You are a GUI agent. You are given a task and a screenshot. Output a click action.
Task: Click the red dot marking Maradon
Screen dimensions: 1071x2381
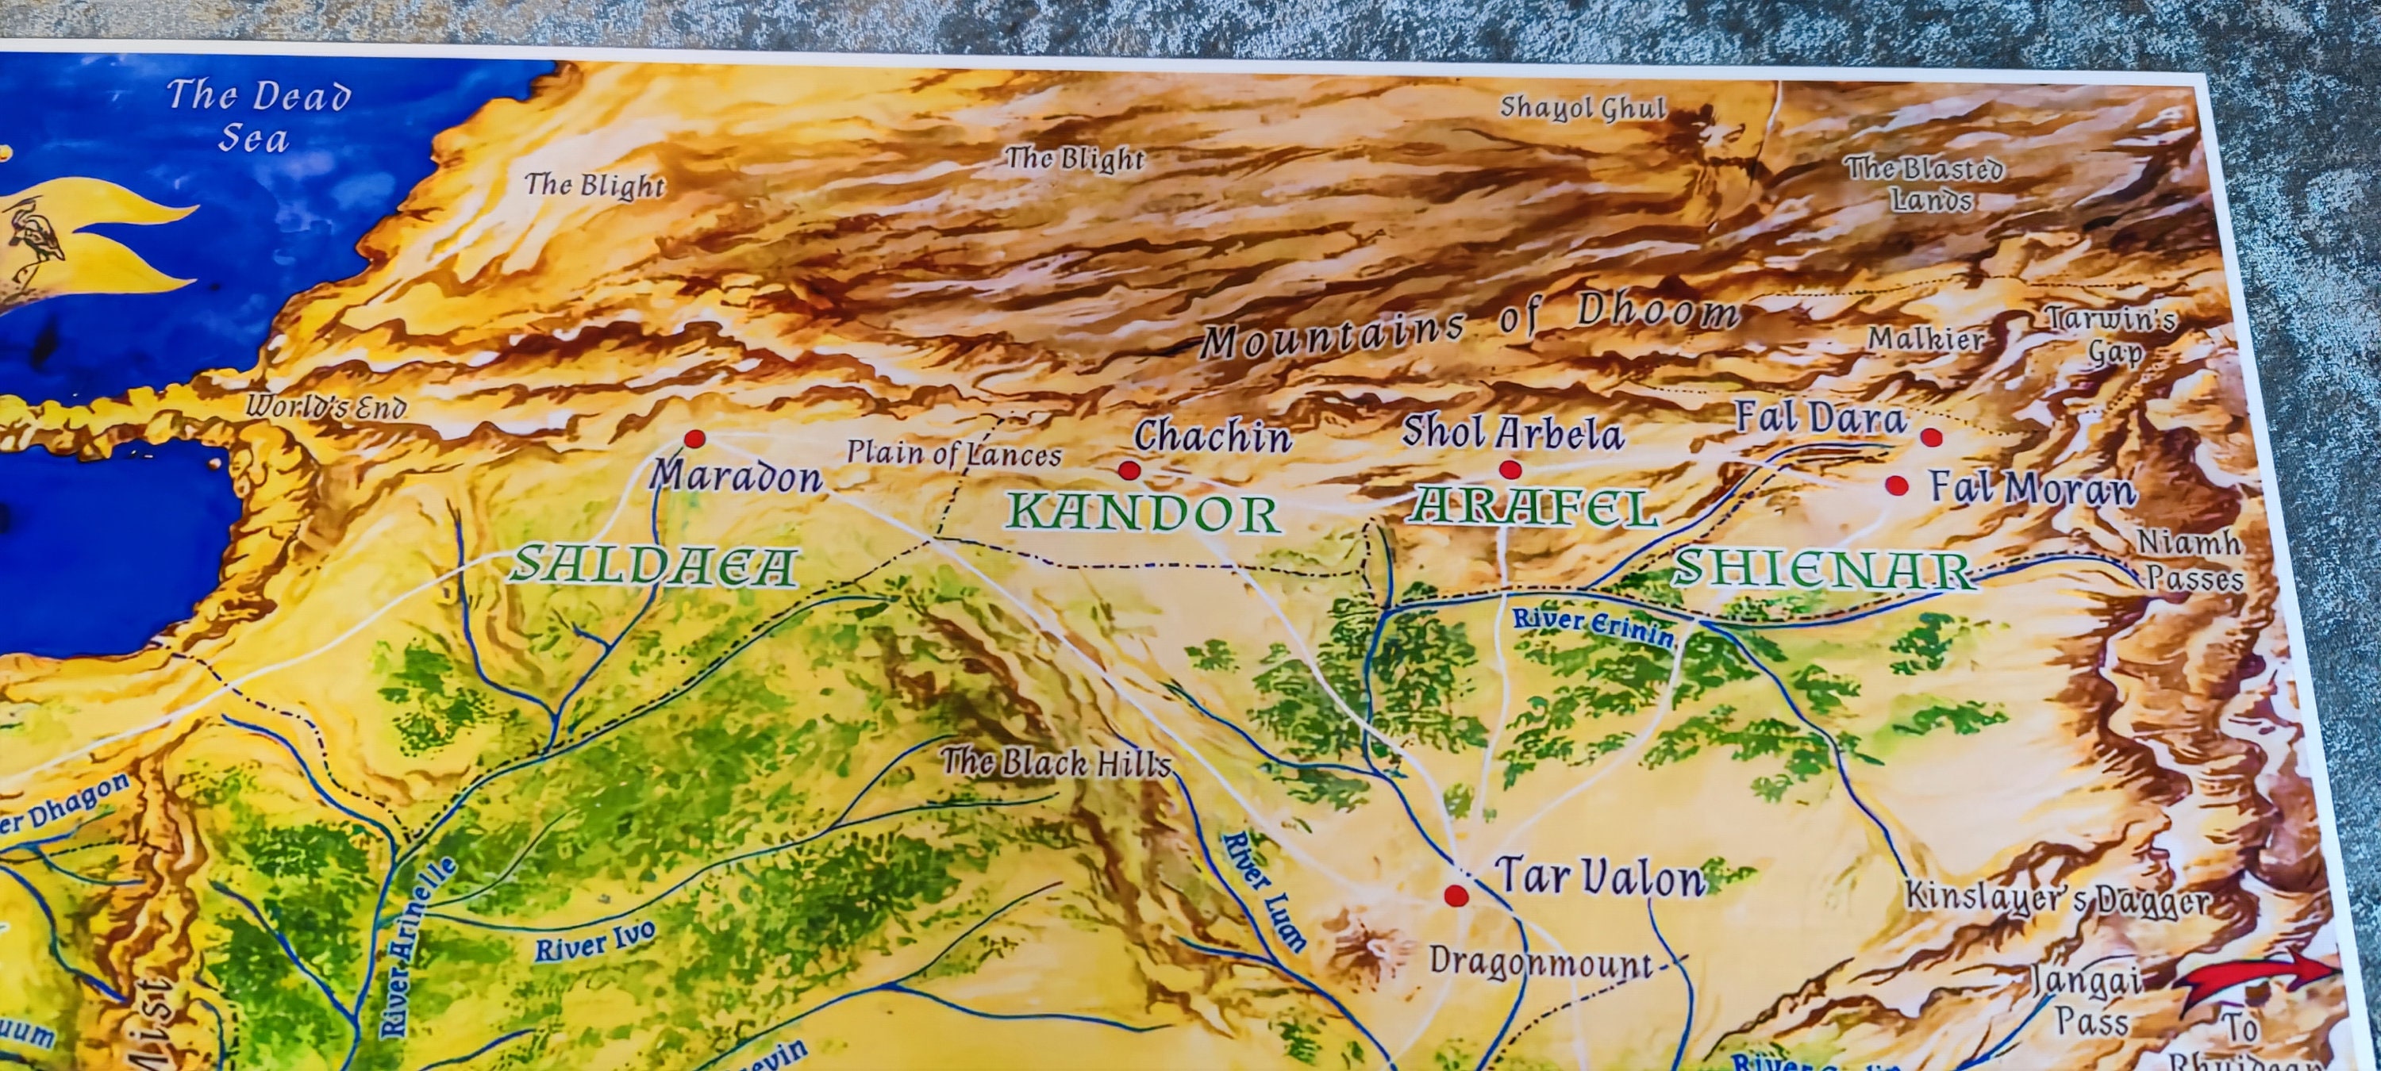click(x=694, y=439)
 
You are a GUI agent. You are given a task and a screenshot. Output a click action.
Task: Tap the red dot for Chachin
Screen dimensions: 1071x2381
click(x=1129, y=470)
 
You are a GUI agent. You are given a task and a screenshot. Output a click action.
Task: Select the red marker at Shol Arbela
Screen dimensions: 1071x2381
click(x=1510, y=470)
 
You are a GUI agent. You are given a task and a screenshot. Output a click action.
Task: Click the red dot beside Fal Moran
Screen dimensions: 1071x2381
click(x=1898, y=486)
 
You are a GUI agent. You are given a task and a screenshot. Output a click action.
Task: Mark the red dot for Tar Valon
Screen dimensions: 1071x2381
click(x=1456, y=895)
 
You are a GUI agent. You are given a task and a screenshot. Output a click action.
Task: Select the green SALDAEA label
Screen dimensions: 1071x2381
click(x=653, y=566)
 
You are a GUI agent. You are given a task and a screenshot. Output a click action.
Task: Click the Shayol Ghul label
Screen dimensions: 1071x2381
click(x=1582, y=108)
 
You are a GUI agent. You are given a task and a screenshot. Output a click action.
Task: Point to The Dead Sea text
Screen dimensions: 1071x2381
click(x=257, y=116)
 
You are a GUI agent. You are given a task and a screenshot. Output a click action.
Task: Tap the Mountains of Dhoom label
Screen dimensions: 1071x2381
click(x=1470, y=326)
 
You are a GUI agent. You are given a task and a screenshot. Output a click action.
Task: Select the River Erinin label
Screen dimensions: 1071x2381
click(x=1591, y=627)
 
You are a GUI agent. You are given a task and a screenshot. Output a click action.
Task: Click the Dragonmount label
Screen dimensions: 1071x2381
click(x=1541, y=963)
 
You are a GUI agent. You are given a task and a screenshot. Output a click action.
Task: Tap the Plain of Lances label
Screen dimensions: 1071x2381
click(x=954, y=453)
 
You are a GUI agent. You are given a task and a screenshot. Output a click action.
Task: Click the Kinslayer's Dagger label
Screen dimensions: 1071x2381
click(x=2057, y=898)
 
